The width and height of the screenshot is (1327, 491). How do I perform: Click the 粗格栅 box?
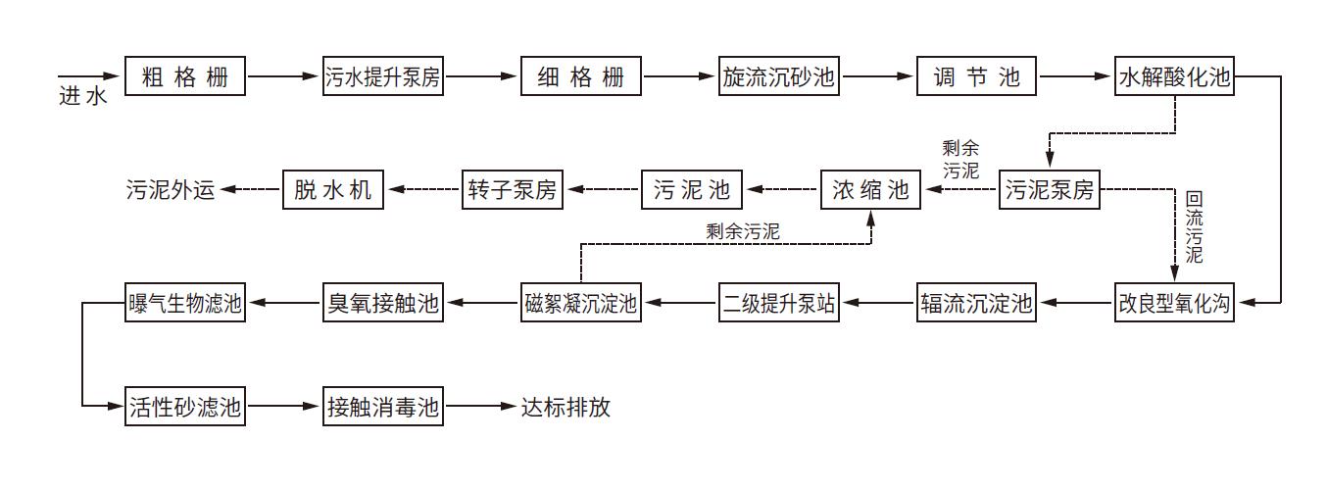coord(184,76)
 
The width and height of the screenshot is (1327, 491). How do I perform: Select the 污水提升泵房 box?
coord(383,76)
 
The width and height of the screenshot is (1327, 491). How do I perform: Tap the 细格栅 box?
coord(581,76)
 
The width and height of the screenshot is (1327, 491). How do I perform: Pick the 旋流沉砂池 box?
coord(779,76)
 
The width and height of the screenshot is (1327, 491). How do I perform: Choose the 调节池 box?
coord(977,76)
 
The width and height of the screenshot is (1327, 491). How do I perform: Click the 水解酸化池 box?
coord(1174,76)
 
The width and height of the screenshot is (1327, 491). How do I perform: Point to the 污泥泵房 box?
coord(1049,190)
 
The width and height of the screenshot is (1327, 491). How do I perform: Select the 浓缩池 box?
coord(871,190)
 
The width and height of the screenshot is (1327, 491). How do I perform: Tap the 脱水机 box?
coord(333,190)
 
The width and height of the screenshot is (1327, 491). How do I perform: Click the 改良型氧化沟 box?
coord(1174,304)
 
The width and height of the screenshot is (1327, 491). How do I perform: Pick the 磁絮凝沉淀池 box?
coord(581,304)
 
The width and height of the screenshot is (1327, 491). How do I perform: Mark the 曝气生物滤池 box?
coord(184,304)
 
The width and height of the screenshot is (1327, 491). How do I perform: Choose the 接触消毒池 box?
coord(383,406)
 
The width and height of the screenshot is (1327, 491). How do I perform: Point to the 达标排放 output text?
coord(565,406)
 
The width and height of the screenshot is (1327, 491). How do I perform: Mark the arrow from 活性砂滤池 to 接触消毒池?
coord(284,406)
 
